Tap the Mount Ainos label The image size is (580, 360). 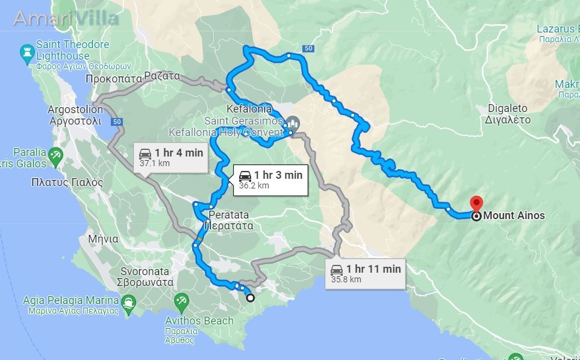pyautogui.click(x=514, y=216)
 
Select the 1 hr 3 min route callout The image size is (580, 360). pyautogui.click(x=270, y=179)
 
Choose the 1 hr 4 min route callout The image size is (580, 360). pyautogui.click(x=170, y=157)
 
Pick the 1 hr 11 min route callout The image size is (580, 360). pyautogui.click(x=366, y=273)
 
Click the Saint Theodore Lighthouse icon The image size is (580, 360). pyautogui.click(x=27, y=54)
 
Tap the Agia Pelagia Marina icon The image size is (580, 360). pyautogui.click(x=128, y=302)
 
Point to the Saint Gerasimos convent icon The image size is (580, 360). pyautogui.click(x=292, y=122)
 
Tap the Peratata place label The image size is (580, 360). pyautogui.click(x=228, y=220)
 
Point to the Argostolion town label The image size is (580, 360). pyautogui.click(x=75, y=115)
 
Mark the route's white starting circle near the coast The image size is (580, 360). pyautogui.click(x=251, y=297)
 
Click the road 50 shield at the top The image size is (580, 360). pyautogui.click(x=308, y=48)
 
